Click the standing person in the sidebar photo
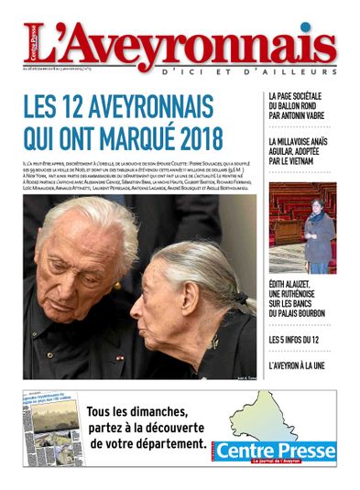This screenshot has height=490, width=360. tap(319, 233)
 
